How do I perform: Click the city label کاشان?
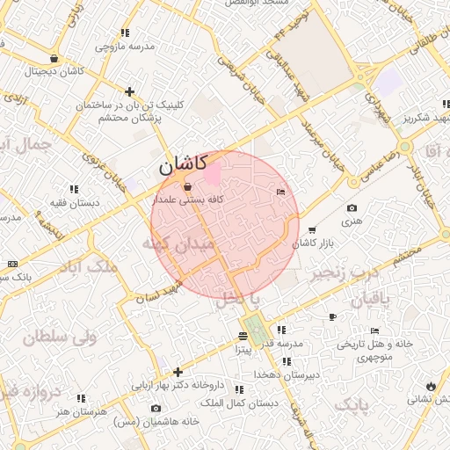coord(183,164)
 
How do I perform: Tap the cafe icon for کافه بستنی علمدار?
coord(187,186)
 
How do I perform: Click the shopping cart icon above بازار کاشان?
coord(312,230)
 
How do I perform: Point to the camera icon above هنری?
coord(352,208)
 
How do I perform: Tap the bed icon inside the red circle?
coord(280,192)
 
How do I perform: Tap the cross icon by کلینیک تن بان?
coord(129,91)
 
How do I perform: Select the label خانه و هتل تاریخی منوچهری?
coord(374,350)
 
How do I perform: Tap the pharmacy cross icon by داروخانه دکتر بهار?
coord(178,372)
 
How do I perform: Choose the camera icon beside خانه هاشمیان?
coord(156,409)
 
